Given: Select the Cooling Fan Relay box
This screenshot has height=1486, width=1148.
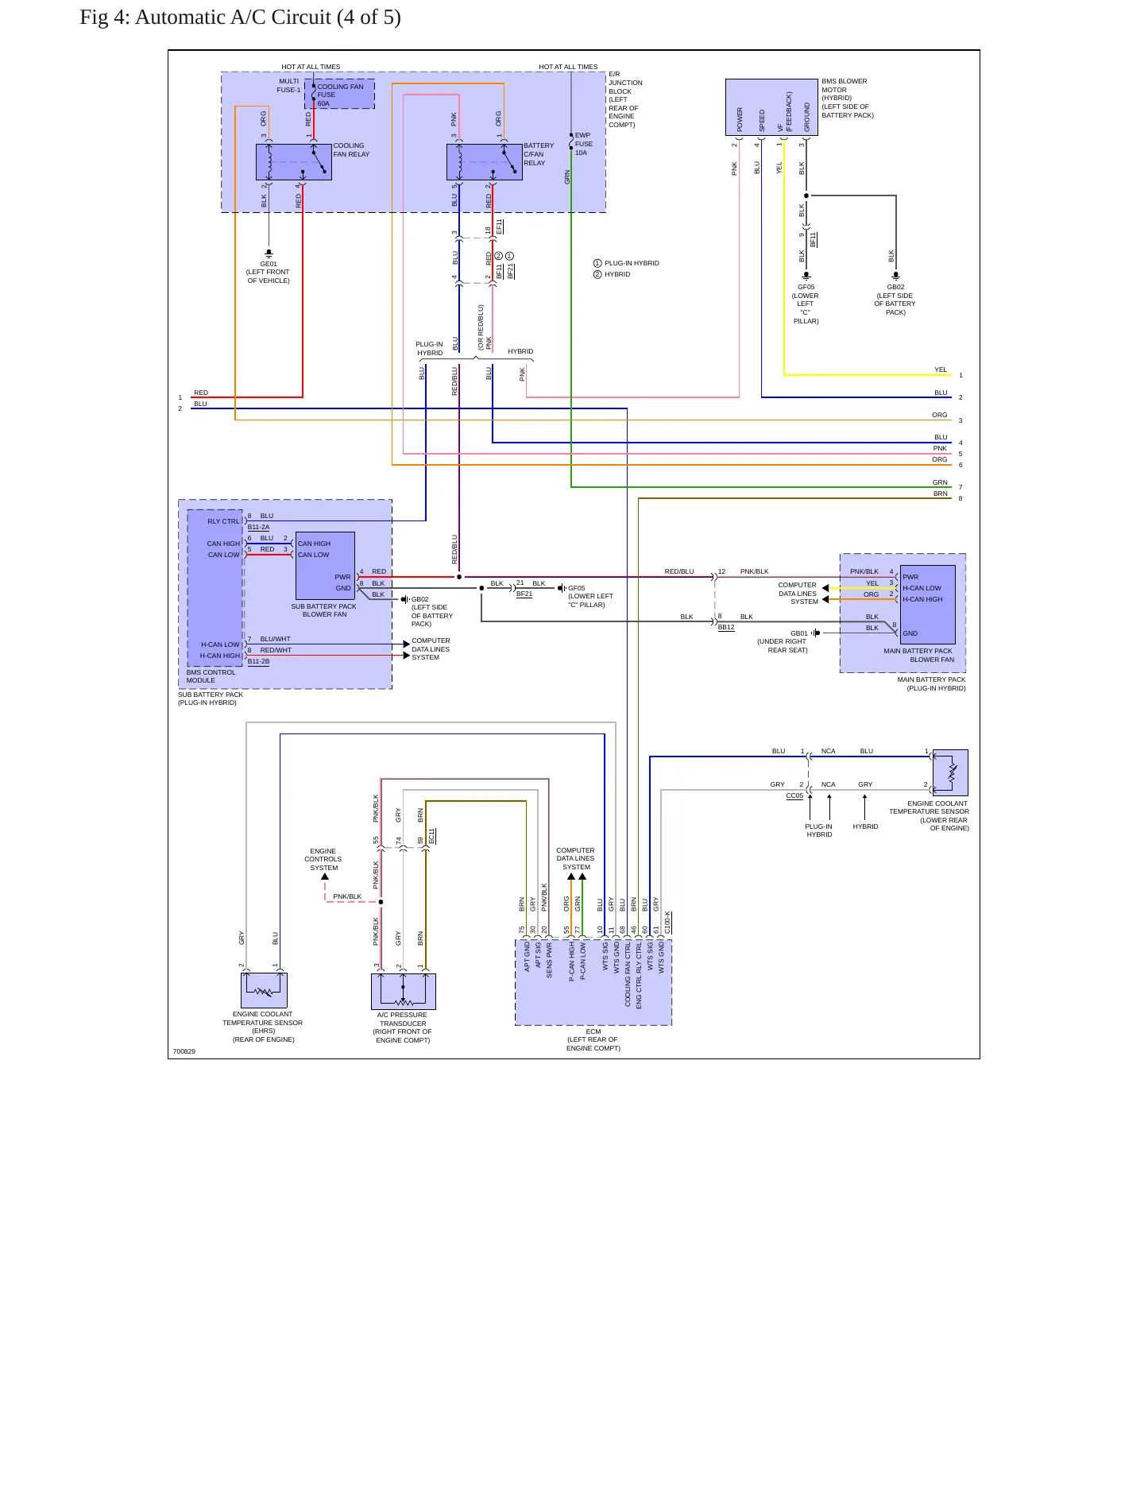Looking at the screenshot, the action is pyautogui.click(x=293, y=162).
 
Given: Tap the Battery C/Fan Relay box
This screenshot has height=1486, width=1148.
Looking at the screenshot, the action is pyautogui.click(x=485, y=162).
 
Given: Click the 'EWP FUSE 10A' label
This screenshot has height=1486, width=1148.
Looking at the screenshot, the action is pyautogui.click(x=583, y=144).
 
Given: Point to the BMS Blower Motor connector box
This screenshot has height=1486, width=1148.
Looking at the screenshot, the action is pyautogui.click(x=771, y=107).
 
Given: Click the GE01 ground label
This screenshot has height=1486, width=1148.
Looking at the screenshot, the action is pyautogui.click(x=269, y=272).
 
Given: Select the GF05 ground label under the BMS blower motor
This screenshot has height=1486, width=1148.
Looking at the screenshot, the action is pyautogui.click(x=806, y=304).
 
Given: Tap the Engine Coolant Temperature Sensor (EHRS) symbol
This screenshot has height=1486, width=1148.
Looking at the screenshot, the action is pyautogui.click(x=264, y=990).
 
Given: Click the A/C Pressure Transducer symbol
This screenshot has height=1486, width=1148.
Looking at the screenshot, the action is pyautogui.click(x=404, y=991).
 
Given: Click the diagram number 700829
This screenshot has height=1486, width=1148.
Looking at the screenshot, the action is pyautogui.click(x=184, y=1051).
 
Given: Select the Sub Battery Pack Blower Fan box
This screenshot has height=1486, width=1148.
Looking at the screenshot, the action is pyautogui.click(x=325, y=566).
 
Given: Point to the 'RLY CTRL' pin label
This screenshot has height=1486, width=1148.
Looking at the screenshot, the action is pyautogui.click(x=223, y=521).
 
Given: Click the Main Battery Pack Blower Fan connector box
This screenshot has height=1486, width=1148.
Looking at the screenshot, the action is pyautogui.click(x=928, y=605).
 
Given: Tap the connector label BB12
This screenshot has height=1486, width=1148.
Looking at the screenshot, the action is pyautogui.click(x=726, y=627).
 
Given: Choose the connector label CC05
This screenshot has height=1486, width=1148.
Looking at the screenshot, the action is pyautogui.click(x=794, y=795).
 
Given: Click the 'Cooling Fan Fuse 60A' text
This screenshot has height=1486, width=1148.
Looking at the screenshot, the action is pyautogui.click(x=340, y=95).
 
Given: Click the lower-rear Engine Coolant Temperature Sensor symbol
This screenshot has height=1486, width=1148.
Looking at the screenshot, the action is pyautogui.click(x=950, y=772).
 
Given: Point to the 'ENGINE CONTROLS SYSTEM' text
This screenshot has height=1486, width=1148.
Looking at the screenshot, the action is pyautogui.click(x=323, y=859).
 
